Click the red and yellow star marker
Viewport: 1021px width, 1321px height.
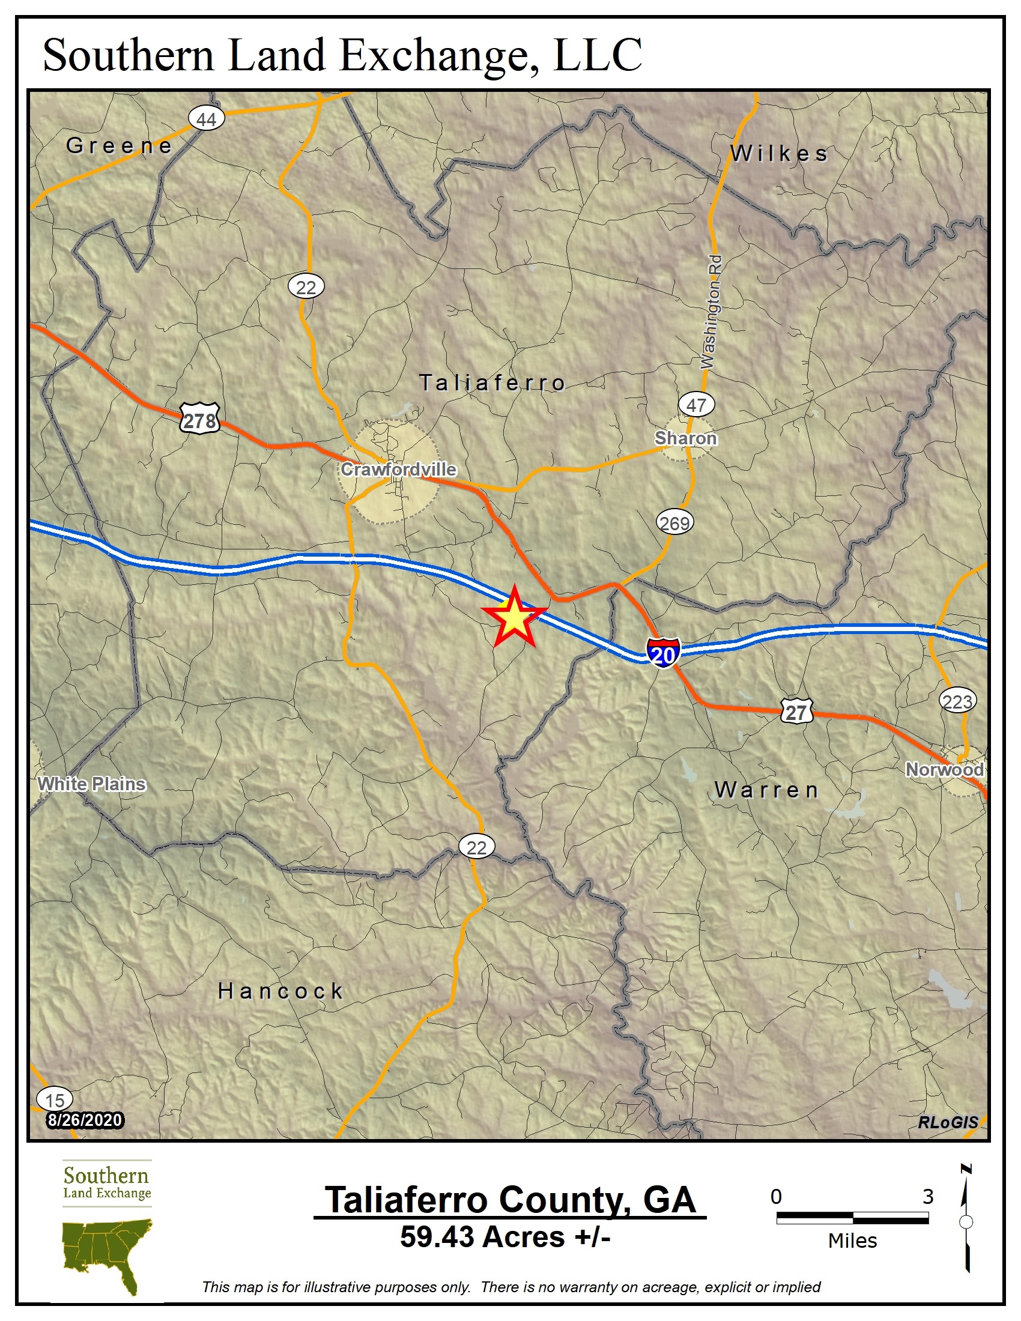(514, 617)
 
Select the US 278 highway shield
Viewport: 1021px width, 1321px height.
(199, 419)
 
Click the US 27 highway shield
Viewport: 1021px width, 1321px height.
(796, 712)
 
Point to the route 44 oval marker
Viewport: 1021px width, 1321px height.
(206, 118)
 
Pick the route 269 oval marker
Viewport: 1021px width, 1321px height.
(674, 522)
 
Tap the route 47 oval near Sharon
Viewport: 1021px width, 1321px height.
(696, 405)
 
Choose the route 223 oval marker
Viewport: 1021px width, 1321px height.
(957, 701)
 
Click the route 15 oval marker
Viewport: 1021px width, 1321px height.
(55, 1099)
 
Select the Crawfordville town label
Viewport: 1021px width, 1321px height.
(399, 470)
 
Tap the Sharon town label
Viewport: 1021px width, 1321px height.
(685, 438)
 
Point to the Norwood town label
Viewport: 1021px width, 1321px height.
(944, 769)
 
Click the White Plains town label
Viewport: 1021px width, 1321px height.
(92, 784)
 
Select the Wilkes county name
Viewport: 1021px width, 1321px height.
(779, 154)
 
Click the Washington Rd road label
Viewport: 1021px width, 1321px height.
(711, 312)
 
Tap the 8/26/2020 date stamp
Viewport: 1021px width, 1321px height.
(85, 1120)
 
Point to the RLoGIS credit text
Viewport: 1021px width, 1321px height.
(948, 1122)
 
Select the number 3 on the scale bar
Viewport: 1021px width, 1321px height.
(928, 1196)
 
